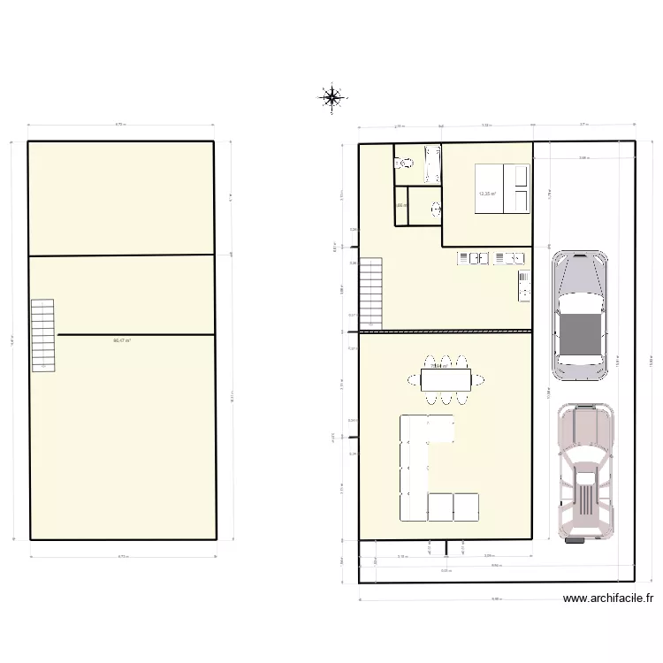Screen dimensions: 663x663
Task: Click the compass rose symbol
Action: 331,97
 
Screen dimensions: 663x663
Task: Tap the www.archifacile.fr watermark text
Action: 608,598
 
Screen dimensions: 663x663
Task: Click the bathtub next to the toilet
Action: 432,164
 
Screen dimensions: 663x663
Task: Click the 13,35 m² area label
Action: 486,194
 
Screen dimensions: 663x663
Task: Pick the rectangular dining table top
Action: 447,380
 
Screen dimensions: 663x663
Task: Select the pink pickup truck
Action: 583,471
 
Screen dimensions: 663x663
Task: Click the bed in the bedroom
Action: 502,188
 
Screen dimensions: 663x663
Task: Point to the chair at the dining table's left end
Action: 414,380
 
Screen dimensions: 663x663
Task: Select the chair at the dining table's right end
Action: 480,380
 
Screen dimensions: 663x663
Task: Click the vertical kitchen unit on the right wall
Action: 524,285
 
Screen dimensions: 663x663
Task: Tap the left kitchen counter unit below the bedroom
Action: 473,258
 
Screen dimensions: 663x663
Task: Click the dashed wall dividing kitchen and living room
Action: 446,331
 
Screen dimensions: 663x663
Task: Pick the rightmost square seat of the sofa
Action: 467,506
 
